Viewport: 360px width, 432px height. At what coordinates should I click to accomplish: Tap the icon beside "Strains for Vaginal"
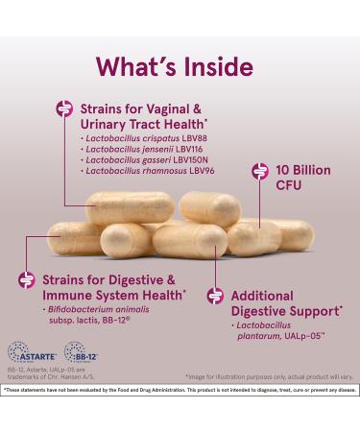pos(65,110)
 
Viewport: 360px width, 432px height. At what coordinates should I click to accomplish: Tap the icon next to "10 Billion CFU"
pos(259,172)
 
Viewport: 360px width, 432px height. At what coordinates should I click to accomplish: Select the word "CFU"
pos(289,188)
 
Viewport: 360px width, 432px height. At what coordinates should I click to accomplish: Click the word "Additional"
pos(264,296)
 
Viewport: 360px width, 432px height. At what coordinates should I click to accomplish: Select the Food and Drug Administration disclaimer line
pos(180,391)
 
